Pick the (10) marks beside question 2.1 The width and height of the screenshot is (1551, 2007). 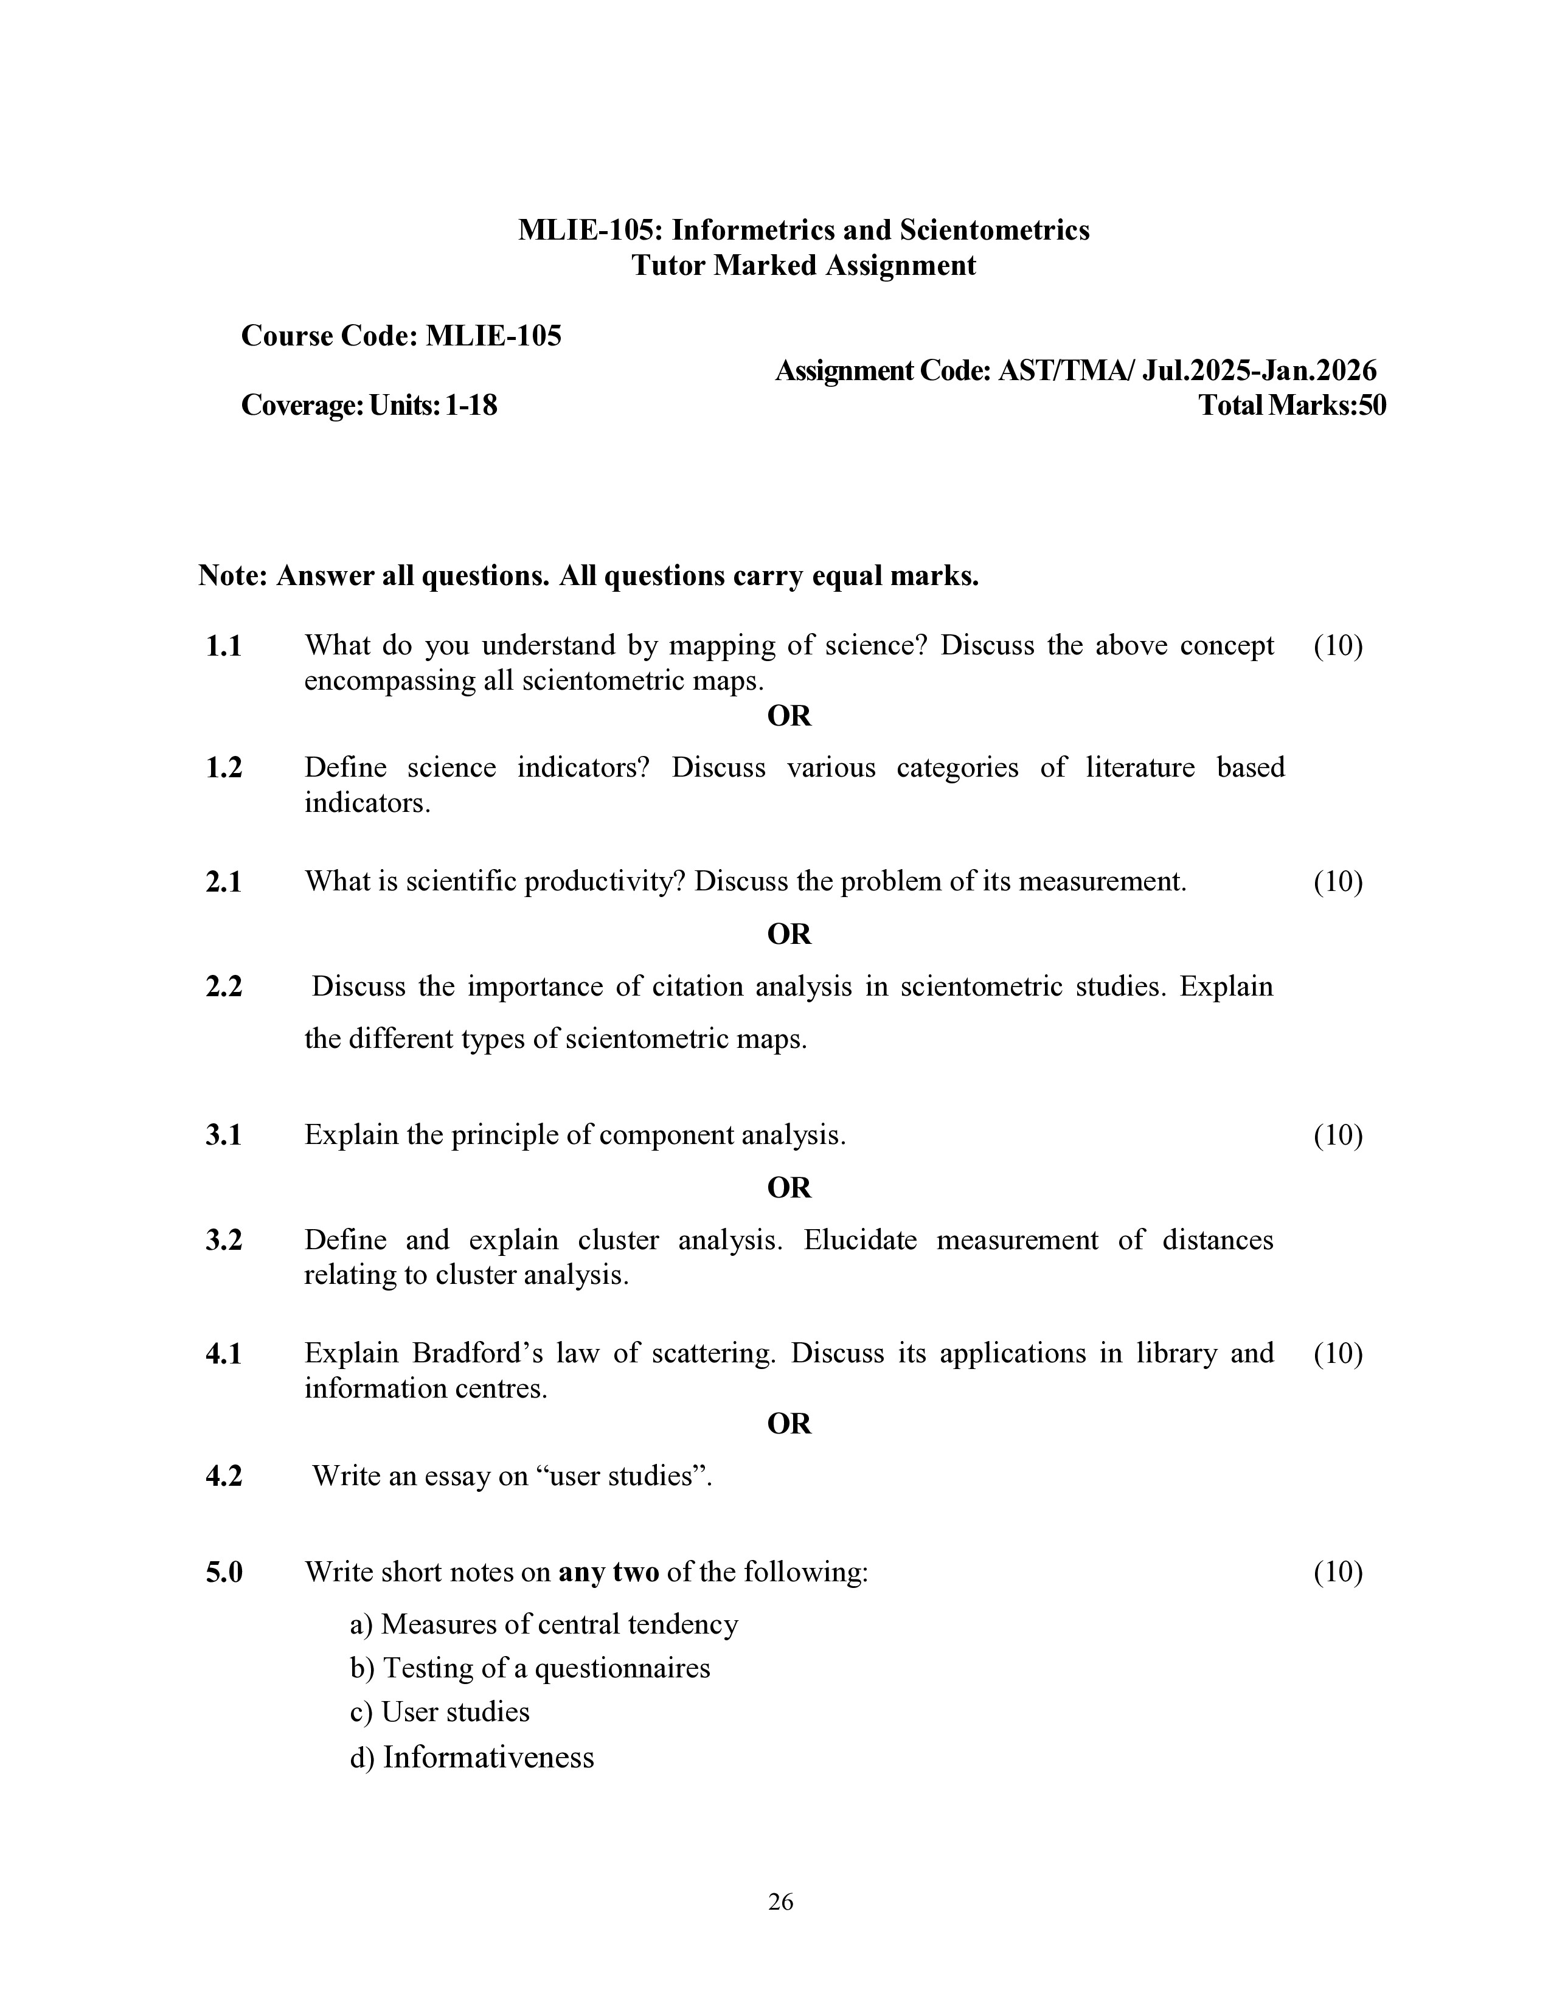coord(1337,881)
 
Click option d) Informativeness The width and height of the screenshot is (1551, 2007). coord(472,1757)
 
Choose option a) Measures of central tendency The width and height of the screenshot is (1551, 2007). coord(544,1624)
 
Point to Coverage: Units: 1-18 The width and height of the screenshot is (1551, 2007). coord(369,405)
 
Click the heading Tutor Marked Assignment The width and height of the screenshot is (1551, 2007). coord(802,266)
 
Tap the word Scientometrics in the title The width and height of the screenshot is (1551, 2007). coord(994,230)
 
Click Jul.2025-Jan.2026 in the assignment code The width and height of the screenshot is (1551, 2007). coord(1259,371)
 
